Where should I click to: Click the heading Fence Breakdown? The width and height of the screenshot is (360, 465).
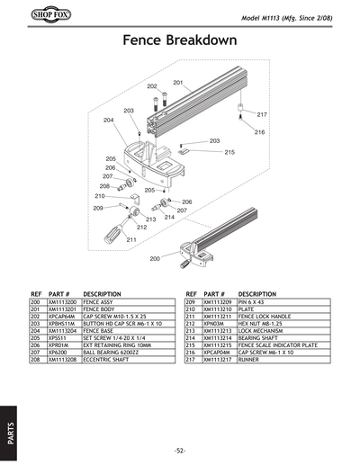pos(179,41)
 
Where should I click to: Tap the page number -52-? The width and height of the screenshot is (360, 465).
pos(180,450)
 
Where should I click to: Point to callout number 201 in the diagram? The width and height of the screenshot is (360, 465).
pos(178,83)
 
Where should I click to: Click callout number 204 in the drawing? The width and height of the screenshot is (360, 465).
pos(108,120)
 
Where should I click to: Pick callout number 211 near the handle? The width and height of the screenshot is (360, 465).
pos(131,240)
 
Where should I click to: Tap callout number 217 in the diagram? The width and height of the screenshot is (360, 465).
pos(262,115)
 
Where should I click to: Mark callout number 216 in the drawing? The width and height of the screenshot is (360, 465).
pos(258,132)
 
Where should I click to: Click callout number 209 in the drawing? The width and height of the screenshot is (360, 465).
pos(98,208)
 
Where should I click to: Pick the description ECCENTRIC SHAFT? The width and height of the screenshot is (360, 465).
pos(111,360)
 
